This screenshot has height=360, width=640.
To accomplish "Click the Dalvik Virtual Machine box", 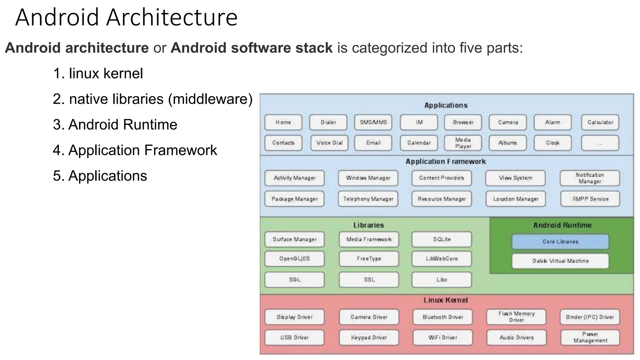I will [x=560, y=261].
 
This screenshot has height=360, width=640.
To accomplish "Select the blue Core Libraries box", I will [x=560, y=242].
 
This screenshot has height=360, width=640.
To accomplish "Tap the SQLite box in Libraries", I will [x=442, y=239].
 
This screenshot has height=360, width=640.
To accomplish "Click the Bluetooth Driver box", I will [x=442, y=317].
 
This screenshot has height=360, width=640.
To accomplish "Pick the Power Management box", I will [x=590, y=337].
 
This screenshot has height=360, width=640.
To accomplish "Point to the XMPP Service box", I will [x=590, y=199].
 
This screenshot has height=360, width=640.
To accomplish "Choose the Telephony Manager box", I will [x=368, y=199].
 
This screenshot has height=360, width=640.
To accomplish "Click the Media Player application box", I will [x=463, y=143].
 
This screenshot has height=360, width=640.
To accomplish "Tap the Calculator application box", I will [x=600, y=122].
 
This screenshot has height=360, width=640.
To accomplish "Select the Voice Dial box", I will [x=329, y=143].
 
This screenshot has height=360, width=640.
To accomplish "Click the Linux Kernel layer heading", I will [x=446, y=300].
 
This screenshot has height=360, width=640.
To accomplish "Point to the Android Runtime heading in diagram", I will [x=562, y=225].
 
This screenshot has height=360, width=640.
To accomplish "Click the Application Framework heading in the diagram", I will [x=446, y=162].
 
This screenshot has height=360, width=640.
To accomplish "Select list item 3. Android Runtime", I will [x=115, y=125].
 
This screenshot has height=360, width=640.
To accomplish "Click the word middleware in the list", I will [x=210, y=99].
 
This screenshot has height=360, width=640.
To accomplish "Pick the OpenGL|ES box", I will [x=294, y=259].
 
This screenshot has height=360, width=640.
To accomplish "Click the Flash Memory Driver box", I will [x=516, y=317].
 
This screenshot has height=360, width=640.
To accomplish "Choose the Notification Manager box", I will [x=590, y=178].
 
